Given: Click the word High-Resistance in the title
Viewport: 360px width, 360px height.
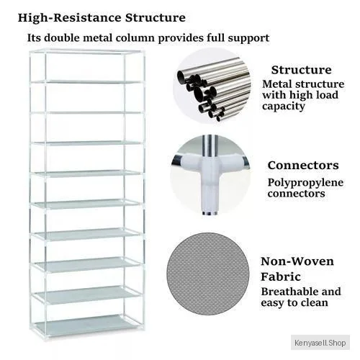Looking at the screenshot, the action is point(69,18).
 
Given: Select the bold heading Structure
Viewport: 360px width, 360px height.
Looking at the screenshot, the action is point(302,70).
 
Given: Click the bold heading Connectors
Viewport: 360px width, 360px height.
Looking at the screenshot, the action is point(303,166).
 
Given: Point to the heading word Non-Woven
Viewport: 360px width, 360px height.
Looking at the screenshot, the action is point(297,261).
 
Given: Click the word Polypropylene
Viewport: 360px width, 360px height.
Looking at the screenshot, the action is point(305,183).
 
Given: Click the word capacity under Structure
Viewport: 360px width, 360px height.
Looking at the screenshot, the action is point(284,107).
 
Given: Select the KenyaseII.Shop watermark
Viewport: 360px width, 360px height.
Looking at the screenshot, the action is point(320,343).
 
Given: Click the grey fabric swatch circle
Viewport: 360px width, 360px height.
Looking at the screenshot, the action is point(208,274).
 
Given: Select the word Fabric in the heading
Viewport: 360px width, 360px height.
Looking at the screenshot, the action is point(281,277).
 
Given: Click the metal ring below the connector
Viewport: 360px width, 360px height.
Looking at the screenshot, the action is point(210,213).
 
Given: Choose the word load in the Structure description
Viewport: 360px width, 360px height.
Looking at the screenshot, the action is point(328,95).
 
